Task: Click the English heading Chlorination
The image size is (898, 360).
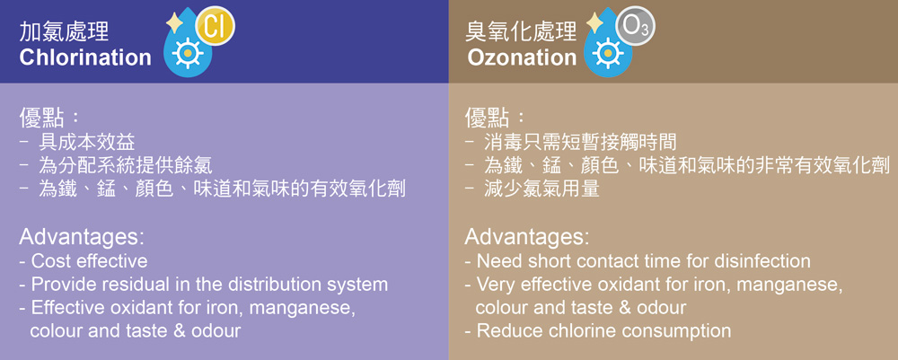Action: [x=85, y=57]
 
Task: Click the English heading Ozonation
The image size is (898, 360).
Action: [x=522, y=57]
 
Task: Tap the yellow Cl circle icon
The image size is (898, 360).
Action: [x=215, y=27]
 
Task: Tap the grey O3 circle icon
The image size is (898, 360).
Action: [x=635, y=27]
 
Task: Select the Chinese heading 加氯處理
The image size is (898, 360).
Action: [x=64, y=31]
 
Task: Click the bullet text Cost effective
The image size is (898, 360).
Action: [x=89, y=261]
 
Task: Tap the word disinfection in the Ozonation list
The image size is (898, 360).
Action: [x=762, y=261]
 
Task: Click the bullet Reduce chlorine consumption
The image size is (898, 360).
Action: [x=603, y=330]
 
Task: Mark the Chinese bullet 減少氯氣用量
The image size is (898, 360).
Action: [x=541, y=189]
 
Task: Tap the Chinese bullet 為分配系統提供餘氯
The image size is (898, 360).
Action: [x=126, y=165]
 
